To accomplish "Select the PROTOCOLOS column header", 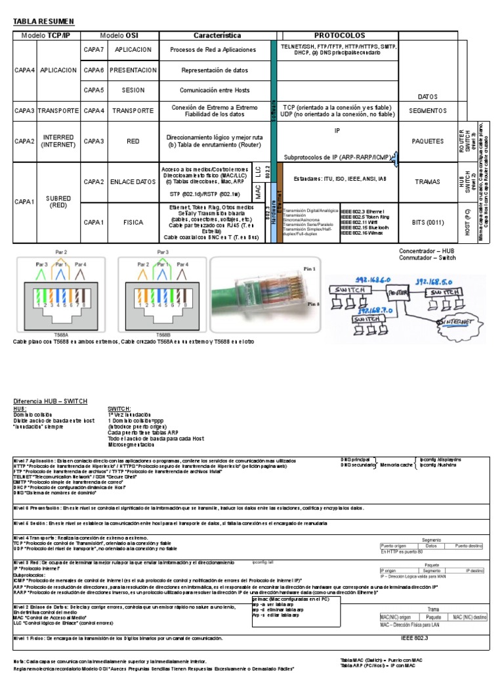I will pyautogui.click(x=339, y=35).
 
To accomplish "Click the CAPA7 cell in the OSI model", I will pyautogui.click(x=94, y=49).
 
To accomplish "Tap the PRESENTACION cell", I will pyautogui.click(x=133, y=70).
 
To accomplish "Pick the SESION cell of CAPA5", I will pyautogui.click(x=133, y=90).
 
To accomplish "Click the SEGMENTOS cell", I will pyautogui.click(x=427, y=110).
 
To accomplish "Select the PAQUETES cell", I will pyautogui.click(x=427, y=141).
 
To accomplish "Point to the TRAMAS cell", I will pyautogui.click(x=427, y=181).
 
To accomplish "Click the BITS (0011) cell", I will pyautogui.click(x=427, y=223).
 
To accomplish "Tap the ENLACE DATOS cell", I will pyautogui.click(x=133, y=181).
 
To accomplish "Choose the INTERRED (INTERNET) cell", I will pyautogui.click(x=58, y=141).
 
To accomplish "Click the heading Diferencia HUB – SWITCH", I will pyautogui.click(x=51, y=402).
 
